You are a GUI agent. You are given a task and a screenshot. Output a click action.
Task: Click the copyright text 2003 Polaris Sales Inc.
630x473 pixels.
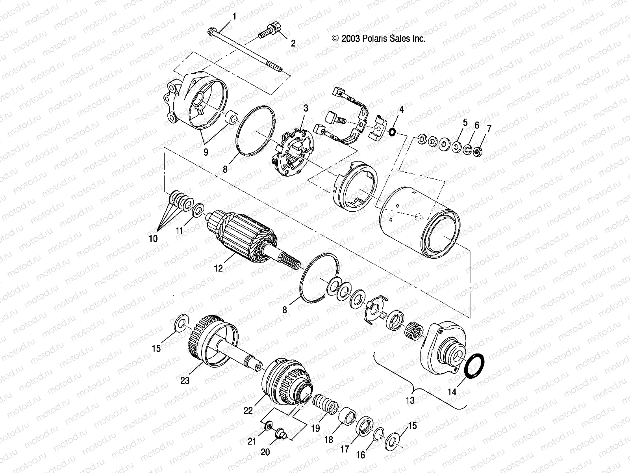379,39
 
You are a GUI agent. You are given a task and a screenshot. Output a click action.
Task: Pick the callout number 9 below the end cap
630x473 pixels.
206,152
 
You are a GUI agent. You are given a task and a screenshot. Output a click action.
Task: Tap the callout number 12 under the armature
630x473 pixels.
218,268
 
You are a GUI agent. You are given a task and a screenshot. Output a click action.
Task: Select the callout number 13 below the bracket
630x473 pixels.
410,400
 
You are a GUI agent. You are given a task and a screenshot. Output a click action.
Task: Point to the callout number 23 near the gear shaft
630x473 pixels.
185,381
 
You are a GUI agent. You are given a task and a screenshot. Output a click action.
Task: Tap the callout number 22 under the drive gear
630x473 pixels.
248,410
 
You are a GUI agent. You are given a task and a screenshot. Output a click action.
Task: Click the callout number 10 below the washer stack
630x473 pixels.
153,238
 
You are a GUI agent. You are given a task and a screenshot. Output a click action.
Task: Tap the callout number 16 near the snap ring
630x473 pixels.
361,455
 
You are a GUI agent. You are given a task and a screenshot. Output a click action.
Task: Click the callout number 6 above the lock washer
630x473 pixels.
477,126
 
